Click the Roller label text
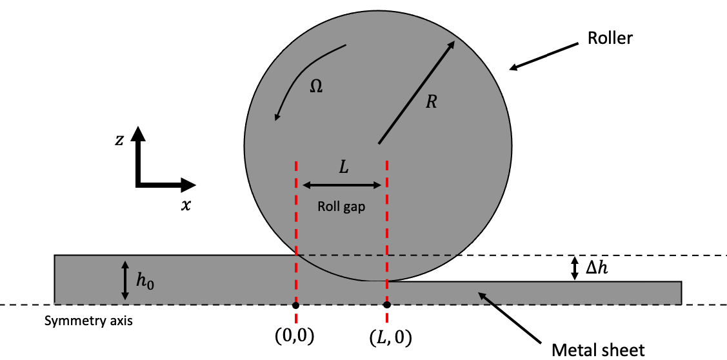[x=610, y=37]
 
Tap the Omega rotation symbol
[x=316, y=86]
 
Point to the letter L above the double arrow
[x=344, y=167]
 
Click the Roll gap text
[x=341, y=207]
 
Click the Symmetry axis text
[x=88, y=320]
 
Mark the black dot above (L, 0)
[x=386, y=305]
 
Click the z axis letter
[x=119, y=140]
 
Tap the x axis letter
[x=186, y=206]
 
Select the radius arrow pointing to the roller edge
[x=417, y=92]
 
